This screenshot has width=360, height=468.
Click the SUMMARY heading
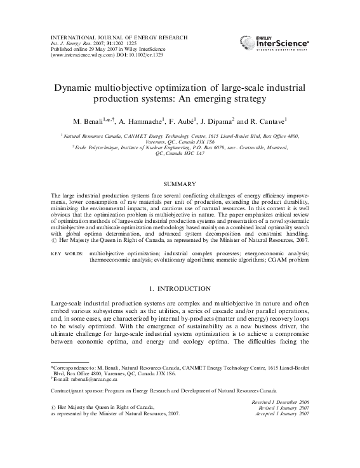[180, 184]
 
